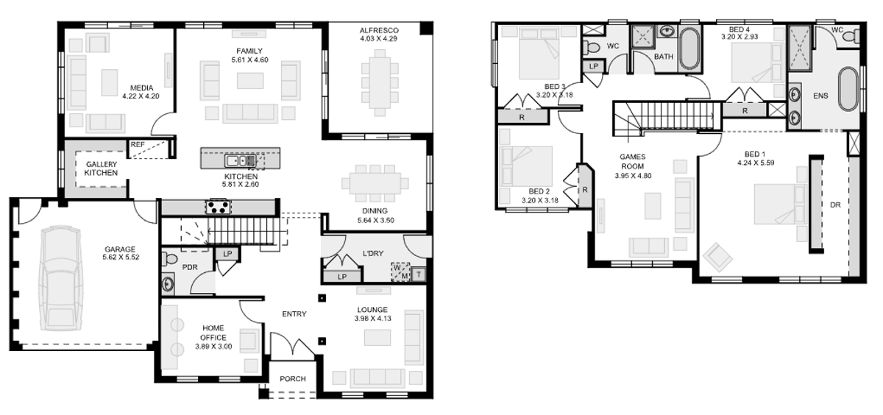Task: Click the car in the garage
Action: [x=61, y=278]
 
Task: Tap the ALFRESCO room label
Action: [x=379, y=30]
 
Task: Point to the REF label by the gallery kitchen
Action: [x=138, y=145]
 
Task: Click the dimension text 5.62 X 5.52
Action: [x=121, y=258]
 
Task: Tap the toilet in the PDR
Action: [x=169, y=259]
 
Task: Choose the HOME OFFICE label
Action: [x=213, y=333]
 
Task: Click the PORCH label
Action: [x=293, y=379]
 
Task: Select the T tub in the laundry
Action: [x=418, y=274]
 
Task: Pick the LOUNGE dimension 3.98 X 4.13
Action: [x=372, y=319]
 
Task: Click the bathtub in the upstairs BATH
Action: [x=689, y=48]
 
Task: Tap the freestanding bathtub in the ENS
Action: [x=848, y=89]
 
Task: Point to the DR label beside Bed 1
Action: [x=835, y=205]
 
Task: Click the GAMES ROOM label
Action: [x=632, y=162]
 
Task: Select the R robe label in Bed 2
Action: [x=585, y=190]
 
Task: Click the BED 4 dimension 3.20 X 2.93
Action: [x=740, y=37]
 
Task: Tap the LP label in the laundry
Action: [x=341, y=277]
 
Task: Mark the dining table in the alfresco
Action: [x=380, y=83]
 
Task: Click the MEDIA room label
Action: [x=141, y=88]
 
